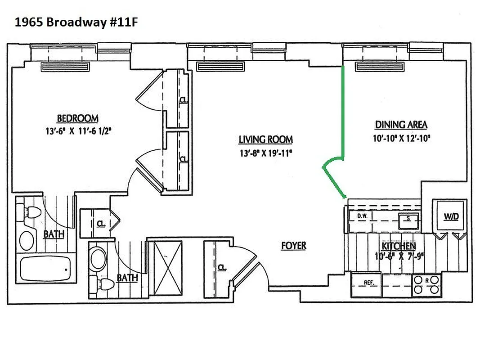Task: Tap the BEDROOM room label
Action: [77, 118]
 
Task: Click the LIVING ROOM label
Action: [265, 139]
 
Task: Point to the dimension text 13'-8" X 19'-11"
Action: [265, 153]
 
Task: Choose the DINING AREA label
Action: [401, 125]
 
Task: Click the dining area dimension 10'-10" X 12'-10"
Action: [401, 139]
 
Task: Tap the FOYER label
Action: [293, 246]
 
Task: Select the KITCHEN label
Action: [399, 246]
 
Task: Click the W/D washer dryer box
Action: [451, 216]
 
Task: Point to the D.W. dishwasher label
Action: [363, 216]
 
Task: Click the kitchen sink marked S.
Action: [408, 219]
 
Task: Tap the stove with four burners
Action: [426, 285]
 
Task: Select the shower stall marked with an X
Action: [165, 268]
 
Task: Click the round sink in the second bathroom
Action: [99, 258]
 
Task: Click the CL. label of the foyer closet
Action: [221, 267]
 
